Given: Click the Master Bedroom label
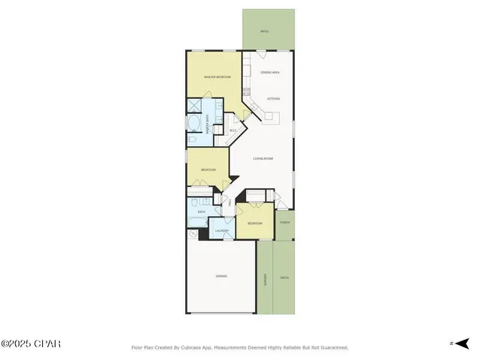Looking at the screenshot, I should click(217, 77).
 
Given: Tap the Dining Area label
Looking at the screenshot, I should click(270, 72).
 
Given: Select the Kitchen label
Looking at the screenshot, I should click(274, 99).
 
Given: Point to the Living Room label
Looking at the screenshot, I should click(262, 158).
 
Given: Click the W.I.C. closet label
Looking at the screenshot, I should click(233, 131).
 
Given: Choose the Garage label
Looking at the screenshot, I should click(222, 276).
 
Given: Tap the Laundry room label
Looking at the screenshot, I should click(222, 230).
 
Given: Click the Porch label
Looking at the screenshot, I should click(285, 223).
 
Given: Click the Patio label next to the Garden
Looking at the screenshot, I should click(284, 278).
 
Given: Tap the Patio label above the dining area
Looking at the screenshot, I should click(264, 31).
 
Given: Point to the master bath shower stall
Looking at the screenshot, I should click(193, 104).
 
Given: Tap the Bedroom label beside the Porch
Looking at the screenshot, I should click(255, 223).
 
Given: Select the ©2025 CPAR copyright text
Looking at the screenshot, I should click(31, 344).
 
